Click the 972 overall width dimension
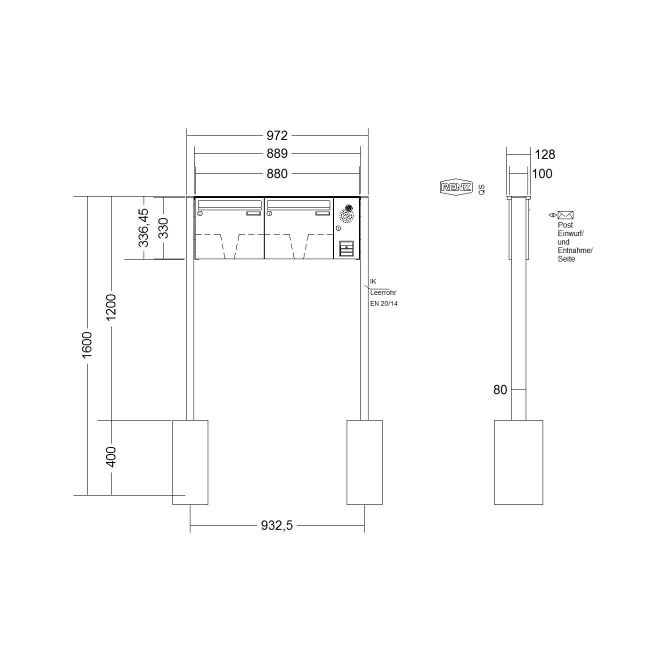tap(277, 135)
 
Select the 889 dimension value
tap(277, 153)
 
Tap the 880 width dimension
tap(277, 173)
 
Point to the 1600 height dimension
tap(87, 344)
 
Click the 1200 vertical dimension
tap(111, 307)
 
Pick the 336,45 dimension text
tap(144, 227)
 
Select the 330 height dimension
tap(163, 228)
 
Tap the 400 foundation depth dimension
tap(111, 457)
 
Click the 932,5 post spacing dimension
tap(277, 525)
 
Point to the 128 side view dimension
tap(545, 154)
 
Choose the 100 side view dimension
tap(542, 173)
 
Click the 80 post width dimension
tap(500, 390)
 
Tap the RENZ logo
tap(455, 187)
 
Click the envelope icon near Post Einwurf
tap(565, 215)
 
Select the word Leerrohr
tap(383, 293)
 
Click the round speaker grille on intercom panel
tap(346, 215)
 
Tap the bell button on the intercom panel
tap(346, 248)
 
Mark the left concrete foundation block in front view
tap(190, 462)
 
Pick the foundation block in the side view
tap(518, 462)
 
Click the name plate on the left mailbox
tap(253, 213)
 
